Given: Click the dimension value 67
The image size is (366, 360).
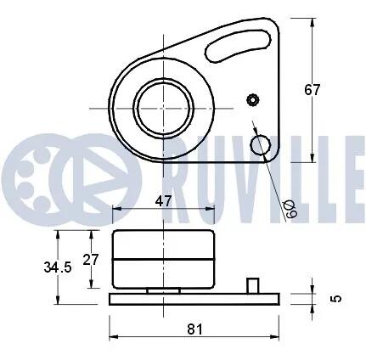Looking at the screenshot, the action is pyautogui.click(x=312, y=90).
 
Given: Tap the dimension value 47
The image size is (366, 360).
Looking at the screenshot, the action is pyautogui.click(x=164, y=201).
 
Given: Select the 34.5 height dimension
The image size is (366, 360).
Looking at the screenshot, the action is pyautogui.click(x=58, y=267).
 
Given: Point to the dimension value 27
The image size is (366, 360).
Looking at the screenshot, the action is pyautogui.click(x=91, y=259).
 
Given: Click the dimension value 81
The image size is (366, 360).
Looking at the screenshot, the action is pyautogui.click(x=195, y=329).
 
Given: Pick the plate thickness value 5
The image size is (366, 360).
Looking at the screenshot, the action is pyautogui.click(x=337, y=298).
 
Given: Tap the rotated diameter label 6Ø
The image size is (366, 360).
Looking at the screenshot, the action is pyautogui.click(x=291, y=209).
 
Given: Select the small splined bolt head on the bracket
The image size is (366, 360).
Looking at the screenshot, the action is pyautogui.click(x=253, y=100).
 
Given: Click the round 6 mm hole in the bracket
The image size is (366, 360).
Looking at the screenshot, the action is pyautogui.click(x=260, y=145).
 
